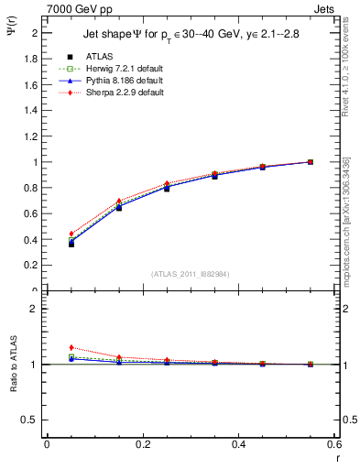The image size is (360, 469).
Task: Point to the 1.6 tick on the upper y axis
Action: coord(32,84)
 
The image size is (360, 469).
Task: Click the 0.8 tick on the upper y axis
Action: coord(32,188)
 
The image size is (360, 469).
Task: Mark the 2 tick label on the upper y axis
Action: coord(36,33)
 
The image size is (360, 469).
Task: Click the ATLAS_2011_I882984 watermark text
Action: coord(190,273)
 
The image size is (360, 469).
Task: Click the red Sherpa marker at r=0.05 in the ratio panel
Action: coord(71,347)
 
